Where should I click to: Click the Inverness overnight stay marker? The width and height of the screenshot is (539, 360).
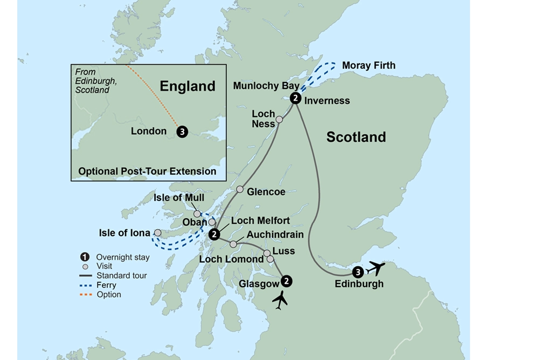[295, 98]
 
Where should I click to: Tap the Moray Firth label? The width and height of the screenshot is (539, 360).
[369, 66]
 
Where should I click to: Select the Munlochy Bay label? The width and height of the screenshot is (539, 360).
[266, 86]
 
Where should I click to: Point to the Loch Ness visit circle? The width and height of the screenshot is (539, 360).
[279, 120]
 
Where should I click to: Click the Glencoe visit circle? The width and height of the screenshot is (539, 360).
[240, 189]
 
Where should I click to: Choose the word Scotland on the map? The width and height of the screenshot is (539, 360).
[356, 137]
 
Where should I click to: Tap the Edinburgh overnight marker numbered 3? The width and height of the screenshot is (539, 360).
[358, 273]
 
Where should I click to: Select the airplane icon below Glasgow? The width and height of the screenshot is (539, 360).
[280, 300]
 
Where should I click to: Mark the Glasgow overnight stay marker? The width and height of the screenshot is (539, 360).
[287, 281]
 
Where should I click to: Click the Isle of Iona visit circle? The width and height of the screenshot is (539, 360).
[157, 233]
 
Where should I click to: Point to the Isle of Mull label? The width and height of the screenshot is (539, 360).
[179, 198]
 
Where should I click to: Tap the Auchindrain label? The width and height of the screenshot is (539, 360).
[275, 234]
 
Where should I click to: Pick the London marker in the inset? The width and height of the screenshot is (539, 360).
[182, 131]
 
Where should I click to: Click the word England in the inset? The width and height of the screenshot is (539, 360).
[188, 86]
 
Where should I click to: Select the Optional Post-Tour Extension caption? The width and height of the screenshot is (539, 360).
[147, 171]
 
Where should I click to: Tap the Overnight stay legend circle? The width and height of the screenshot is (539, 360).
[85, 257]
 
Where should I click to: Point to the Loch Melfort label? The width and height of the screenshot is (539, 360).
[260, 221]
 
